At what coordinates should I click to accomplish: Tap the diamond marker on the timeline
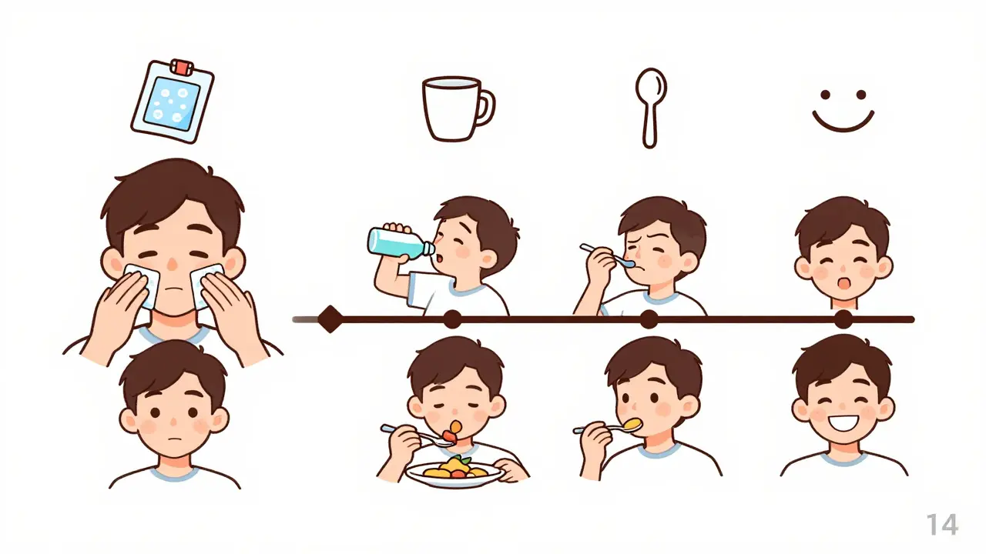[330, 319]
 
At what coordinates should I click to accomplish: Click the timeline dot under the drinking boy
[452, 319]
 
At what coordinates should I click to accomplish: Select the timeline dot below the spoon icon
[649, 319]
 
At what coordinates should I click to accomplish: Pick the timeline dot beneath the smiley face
[843, 319]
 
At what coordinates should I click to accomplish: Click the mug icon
[458, 108]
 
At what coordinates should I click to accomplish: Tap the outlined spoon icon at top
[651, 108]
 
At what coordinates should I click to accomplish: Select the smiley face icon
[843, 110]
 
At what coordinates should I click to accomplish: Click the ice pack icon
[173, 101]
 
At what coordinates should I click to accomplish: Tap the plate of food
[454, 473]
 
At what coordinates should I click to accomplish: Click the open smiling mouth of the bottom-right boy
[843, 424]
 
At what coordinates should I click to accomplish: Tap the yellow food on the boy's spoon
[633, 424]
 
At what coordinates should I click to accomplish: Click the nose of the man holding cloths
[173, 264]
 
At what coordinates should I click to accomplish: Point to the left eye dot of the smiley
[825, 95]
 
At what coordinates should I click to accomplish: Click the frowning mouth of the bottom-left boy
[174, 439]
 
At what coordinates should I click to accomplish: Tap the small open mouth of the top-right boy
[843, 284]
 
